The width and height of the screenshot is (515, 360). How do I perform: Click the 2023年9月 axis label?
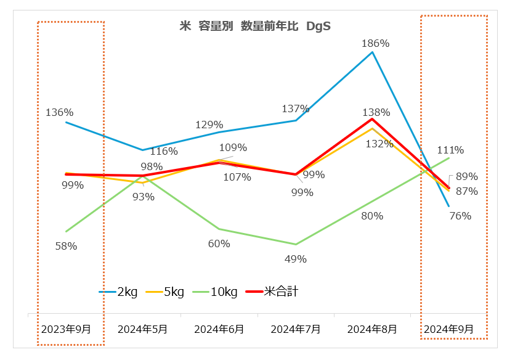click(x=66, y=329)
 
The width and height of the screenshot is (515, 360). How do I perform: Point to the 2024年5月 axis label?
click(x=142, y=329)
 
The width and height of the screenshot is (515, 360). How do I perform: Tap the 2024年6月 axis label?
click(x=219, y=329)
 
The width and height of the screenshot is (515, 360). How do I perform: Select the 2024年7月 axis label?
click(x=296, y=329)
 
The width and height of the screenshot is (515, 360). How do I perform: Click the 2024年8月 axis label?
click(x=372, y=329)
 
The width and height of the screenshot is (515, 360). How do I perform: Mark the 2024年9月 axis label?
click(x=448, y=329)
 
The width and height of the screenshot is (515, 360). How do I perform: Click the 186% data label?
click(x=376, y=43)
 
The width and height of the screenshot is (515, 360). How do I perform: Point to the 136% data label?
click(x=60, y=112)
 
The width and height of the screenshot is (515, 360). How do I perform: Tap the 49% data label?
click(x=296, y=259)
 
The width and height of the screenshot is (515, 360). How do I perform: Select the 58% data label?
click(x=66, y=246)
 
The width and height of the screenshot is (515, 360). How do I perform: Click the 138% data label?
click(x=376, y=112)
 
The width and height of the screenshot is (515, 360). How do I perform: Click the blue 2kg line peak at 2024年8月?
click(x=372, y=52)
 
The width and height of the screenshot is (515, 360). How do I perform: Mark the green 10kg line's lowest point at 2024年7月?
click(x=296, y=244)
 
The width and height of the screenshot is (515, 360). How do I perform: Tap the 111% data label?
click(x=450, y=150)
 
